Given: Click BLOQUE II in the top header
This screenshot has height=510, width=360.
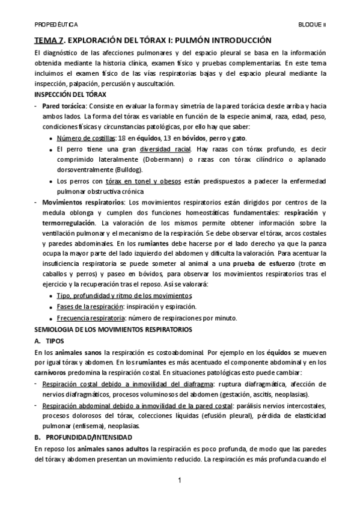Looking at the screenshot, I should click(313, 25).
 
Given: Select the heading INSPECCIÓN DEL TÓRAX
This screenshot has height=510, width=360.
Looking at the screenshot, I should click(70, 95).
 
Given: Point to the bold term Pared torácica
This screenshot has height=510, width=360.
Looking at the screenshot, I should click(63, 106).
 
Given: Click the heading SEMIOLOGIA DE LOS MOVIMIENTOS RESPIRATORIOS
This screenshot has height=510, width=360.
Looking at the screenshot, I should click(113, 330).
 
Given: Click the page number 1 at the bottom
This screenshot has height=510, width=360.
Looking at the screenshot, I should click(180, 481).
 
